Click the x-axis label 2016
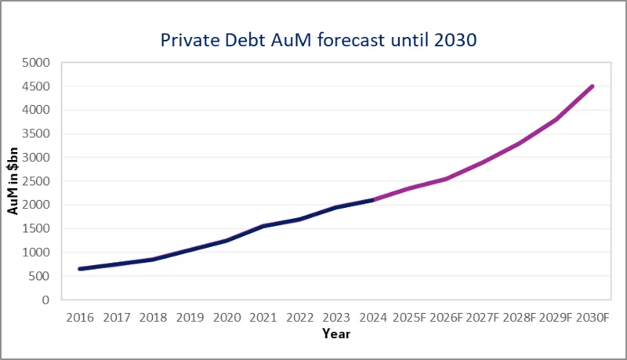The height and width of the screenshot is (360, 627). (79, 318)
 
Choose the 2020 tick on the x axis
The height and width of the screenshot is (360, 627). (227, 318)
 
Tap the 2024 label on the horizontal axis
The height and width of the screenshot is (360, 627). (375, 318)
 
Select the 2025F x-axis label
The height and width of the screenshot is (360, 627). (409, 318)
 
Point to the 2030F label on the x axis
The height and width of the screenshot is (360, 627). (593, 318)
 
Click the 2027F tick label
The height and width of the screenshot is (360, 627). (483, 318)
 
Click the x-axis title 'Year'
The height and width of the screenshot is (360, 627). (336, 334)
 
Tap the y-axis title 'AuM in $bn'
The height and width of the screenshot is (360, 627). (13, 181)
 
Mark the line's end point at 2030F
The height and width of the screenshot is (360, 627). (593, 86)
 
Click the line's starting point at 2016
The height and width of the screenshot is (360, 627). (80, 269)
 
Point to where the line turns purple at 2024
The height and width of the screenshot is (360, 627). (375, 200)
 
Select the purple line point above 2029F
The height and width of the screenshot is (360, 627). (556, 119)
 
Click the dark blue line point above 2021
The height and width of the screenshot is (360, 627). (264, 226)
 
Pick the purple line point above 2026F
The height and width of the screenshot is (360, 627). (446, 179)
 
